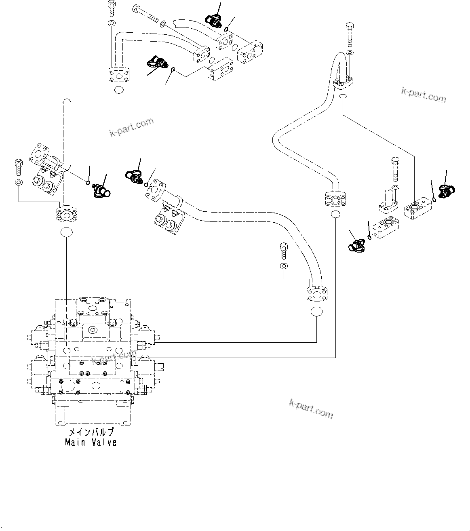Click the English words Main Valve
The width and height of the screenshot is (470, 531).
coord(91,442)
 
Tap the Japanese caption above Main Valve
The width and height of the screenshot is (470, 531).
coord(91,432)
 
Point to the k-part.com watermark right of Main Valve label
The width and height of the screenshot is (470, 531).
coord(311,409)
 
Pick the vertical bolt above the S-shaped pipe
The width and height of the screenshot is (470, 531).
coord(350,35)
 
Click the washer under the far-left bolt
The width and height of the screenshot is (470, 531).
coord(18,183)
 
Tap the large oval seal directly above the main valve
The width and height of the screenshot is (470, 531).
coord(66,232)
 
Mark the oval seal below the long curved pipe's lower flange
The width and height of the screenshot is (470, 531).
coord(316,312)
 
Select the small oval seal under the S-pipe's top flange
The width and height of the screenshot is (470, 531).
coord(343,96)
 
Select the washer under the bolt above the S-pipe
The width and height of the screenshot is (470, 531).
coord(350,53)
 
